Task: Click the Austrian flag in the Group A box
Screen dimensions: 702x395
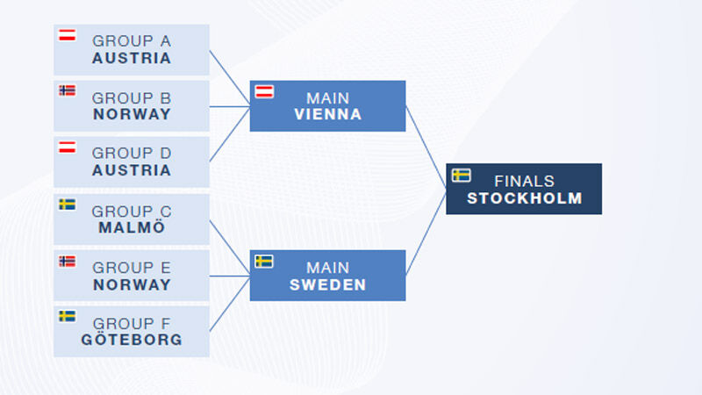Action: pyautogui.click(x=68, y=35)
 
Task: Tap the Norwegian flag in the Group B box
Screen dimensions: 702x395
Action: pyautogui.click(x=68, y=90)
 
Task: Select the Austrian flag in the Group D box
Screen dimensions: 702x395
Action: pyautogui.click(x=68, y=147)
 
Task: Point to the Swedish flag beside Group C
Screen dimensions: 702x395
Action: pyautogui.click(x=68, y=205)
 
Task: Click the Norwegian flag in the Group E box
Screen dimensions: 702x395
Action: pyautogui.click(x=68, y=261)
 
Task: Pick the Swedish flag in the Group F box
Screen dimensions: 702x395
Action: pyautogui.click(x=68, y=316)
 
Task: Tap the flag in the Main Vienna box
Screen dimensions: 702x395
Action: pyautogui.click(x=264, y=92)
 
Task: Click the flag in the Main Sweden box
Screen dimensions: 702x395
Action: pyautogui.click(x=264, y=261)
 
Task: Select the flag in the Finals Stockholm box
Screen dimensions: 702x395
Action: pyautogui.click(x=462, y=175)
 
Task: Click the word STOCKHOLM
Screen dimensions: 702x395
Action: pyautogui.click(x=524, y=198)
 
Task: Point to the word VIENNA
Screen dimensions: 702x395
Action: pyautogui.click(x=327, y=114)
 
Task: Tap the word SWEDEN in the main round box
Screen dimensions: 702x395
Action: pyautogui.click(x=327, y=284)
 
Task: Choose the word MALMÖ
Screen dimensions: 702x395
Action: pyautogui.click(x=132, y=227)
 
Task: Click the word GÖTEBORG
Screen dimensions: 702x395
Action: pyautogui.click(x=132, y=339)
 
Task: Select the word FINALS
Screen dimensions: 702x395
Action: pyautogui.click(x=524, y=182)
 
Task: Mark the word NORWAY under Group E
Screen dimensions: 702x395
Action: pyautogui.click(x=132, y=284)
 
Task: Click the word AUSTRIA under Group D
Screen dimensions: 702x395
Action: pyautogui.click(x=132, y=170)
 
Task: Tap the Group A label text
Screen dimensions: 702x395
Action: pyautogui.click(x=132, y=41)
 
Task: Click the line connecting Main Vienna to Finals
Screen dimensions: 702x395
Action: pyautogui.click(x=426, y=147)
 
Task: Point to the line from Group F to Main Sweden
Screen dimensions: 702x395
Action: pyautogui.click(x=230, y=304)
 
